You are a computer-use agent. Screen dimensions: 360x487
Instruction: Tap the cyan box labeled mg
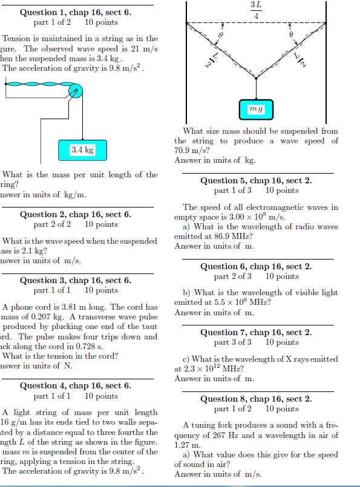click(x=257, y=109)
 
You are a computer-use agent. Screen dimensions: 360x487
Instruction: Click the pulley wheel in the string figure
click(x=74, y=92)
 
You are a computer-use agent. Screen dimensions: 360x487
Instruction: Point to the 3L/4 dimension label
click(x=256, y=10)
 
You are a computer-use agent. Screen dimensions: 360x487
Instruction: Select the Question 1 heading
click(x=76, y=12)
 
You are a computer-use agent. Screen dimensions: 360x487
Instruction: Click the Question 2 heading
click(x=76, y=214)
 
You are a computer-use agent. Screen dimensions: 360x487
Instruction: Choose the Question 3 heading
click(x=76, y=280)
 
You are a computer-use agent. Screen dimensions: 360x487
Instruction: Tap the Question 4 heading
click(x=76, y=385)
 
